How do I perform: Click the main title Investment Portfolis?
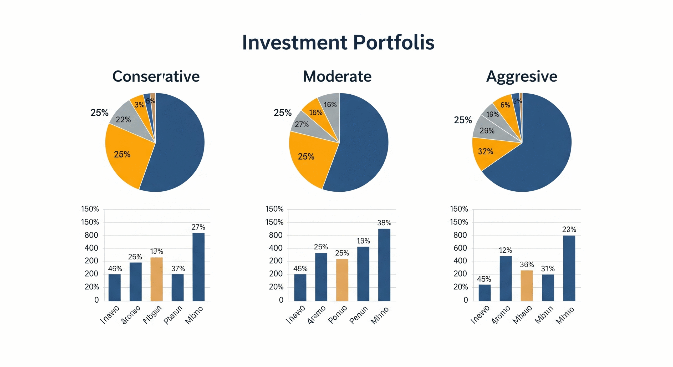point(338,42)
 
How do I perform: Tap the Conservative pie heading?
point(156,77)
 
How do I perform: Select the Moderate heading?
point(337,77)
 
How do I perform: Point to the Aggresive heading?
point(522,77)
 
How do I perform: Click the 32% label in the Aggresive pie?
point(485,151)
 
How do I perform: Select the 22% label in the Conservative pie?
point(123,120)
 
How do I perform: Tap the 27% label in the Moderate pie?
point(302,124)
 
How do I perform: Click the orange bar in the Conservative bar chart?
point(156,279)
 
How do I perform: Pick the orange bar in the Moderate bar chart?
point(342,280)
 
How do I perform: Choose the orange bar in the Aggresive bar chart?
point(527,286)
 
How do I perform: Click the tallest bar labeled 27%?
point(198,267)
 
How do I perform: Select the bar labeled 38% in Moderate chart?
point(384,264)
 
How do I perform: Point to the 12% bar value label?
point(505,250)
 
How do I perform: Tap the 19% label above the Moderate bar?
point(363,241)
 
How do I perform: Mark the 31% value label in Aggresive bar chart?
point(548,269)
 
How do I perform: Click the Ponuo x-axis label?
point(338,314)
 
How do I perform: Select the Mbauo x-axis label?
point(522,315)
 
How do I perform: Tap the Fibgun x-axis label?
point(152,315)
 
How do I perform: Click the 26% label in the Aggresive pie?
point(487,131)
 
